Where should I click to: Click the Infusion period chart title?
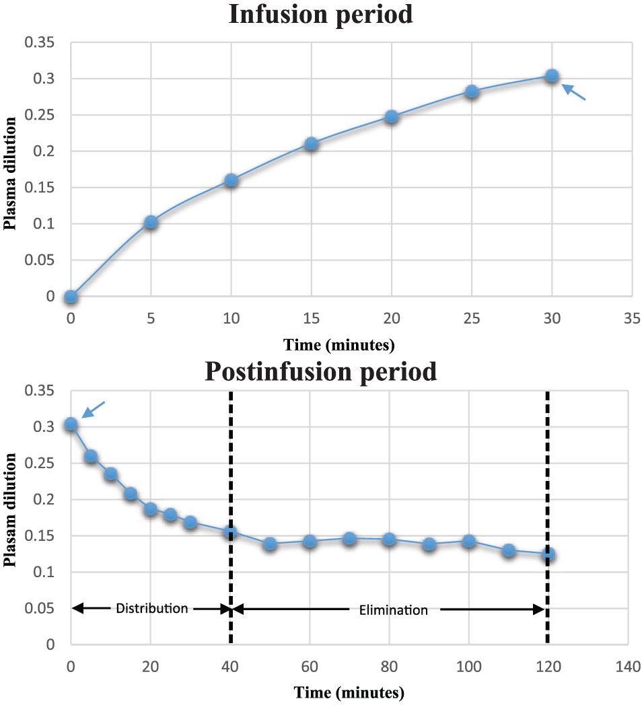click(320, 14)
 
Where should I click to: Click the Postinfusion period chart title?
click(320, 371)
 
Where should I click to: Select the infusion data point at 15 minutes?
click(311, 144)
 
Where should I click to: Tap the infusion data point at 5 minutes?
click(151, 222)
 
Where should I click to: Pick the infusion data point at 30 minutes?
click(552, 75)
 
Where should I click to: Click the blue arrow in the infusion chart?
click(574, 91)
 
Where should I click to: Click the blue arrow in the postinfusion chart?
click(94, 409)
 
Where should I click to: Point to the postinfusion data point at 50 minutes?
click(270, 544)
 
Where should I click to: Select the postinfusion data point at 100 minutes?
click(469, 541)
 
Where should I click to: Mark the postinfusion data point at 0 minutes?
click(71, 424)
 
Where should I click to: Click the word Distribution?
click(152, 608)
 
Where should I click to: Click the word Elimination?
click(394, 610)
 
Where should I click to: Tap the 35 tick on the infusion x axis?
click(632, 318)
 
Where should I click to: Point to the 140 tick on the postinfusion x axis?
click(628, 666)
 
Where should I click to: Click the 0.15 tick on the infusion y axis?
click(40, 187)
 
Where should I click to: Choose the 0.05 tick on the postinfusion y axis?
click(40, 608)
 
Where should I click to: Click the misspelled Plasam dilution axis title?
click(10, 510)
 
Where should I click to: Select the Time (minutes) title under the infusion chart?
click(339, 345)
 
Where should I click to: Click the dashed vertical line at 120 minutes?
click(547, 517)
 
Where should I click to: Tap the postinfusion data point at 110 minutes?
click(509, 550)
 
